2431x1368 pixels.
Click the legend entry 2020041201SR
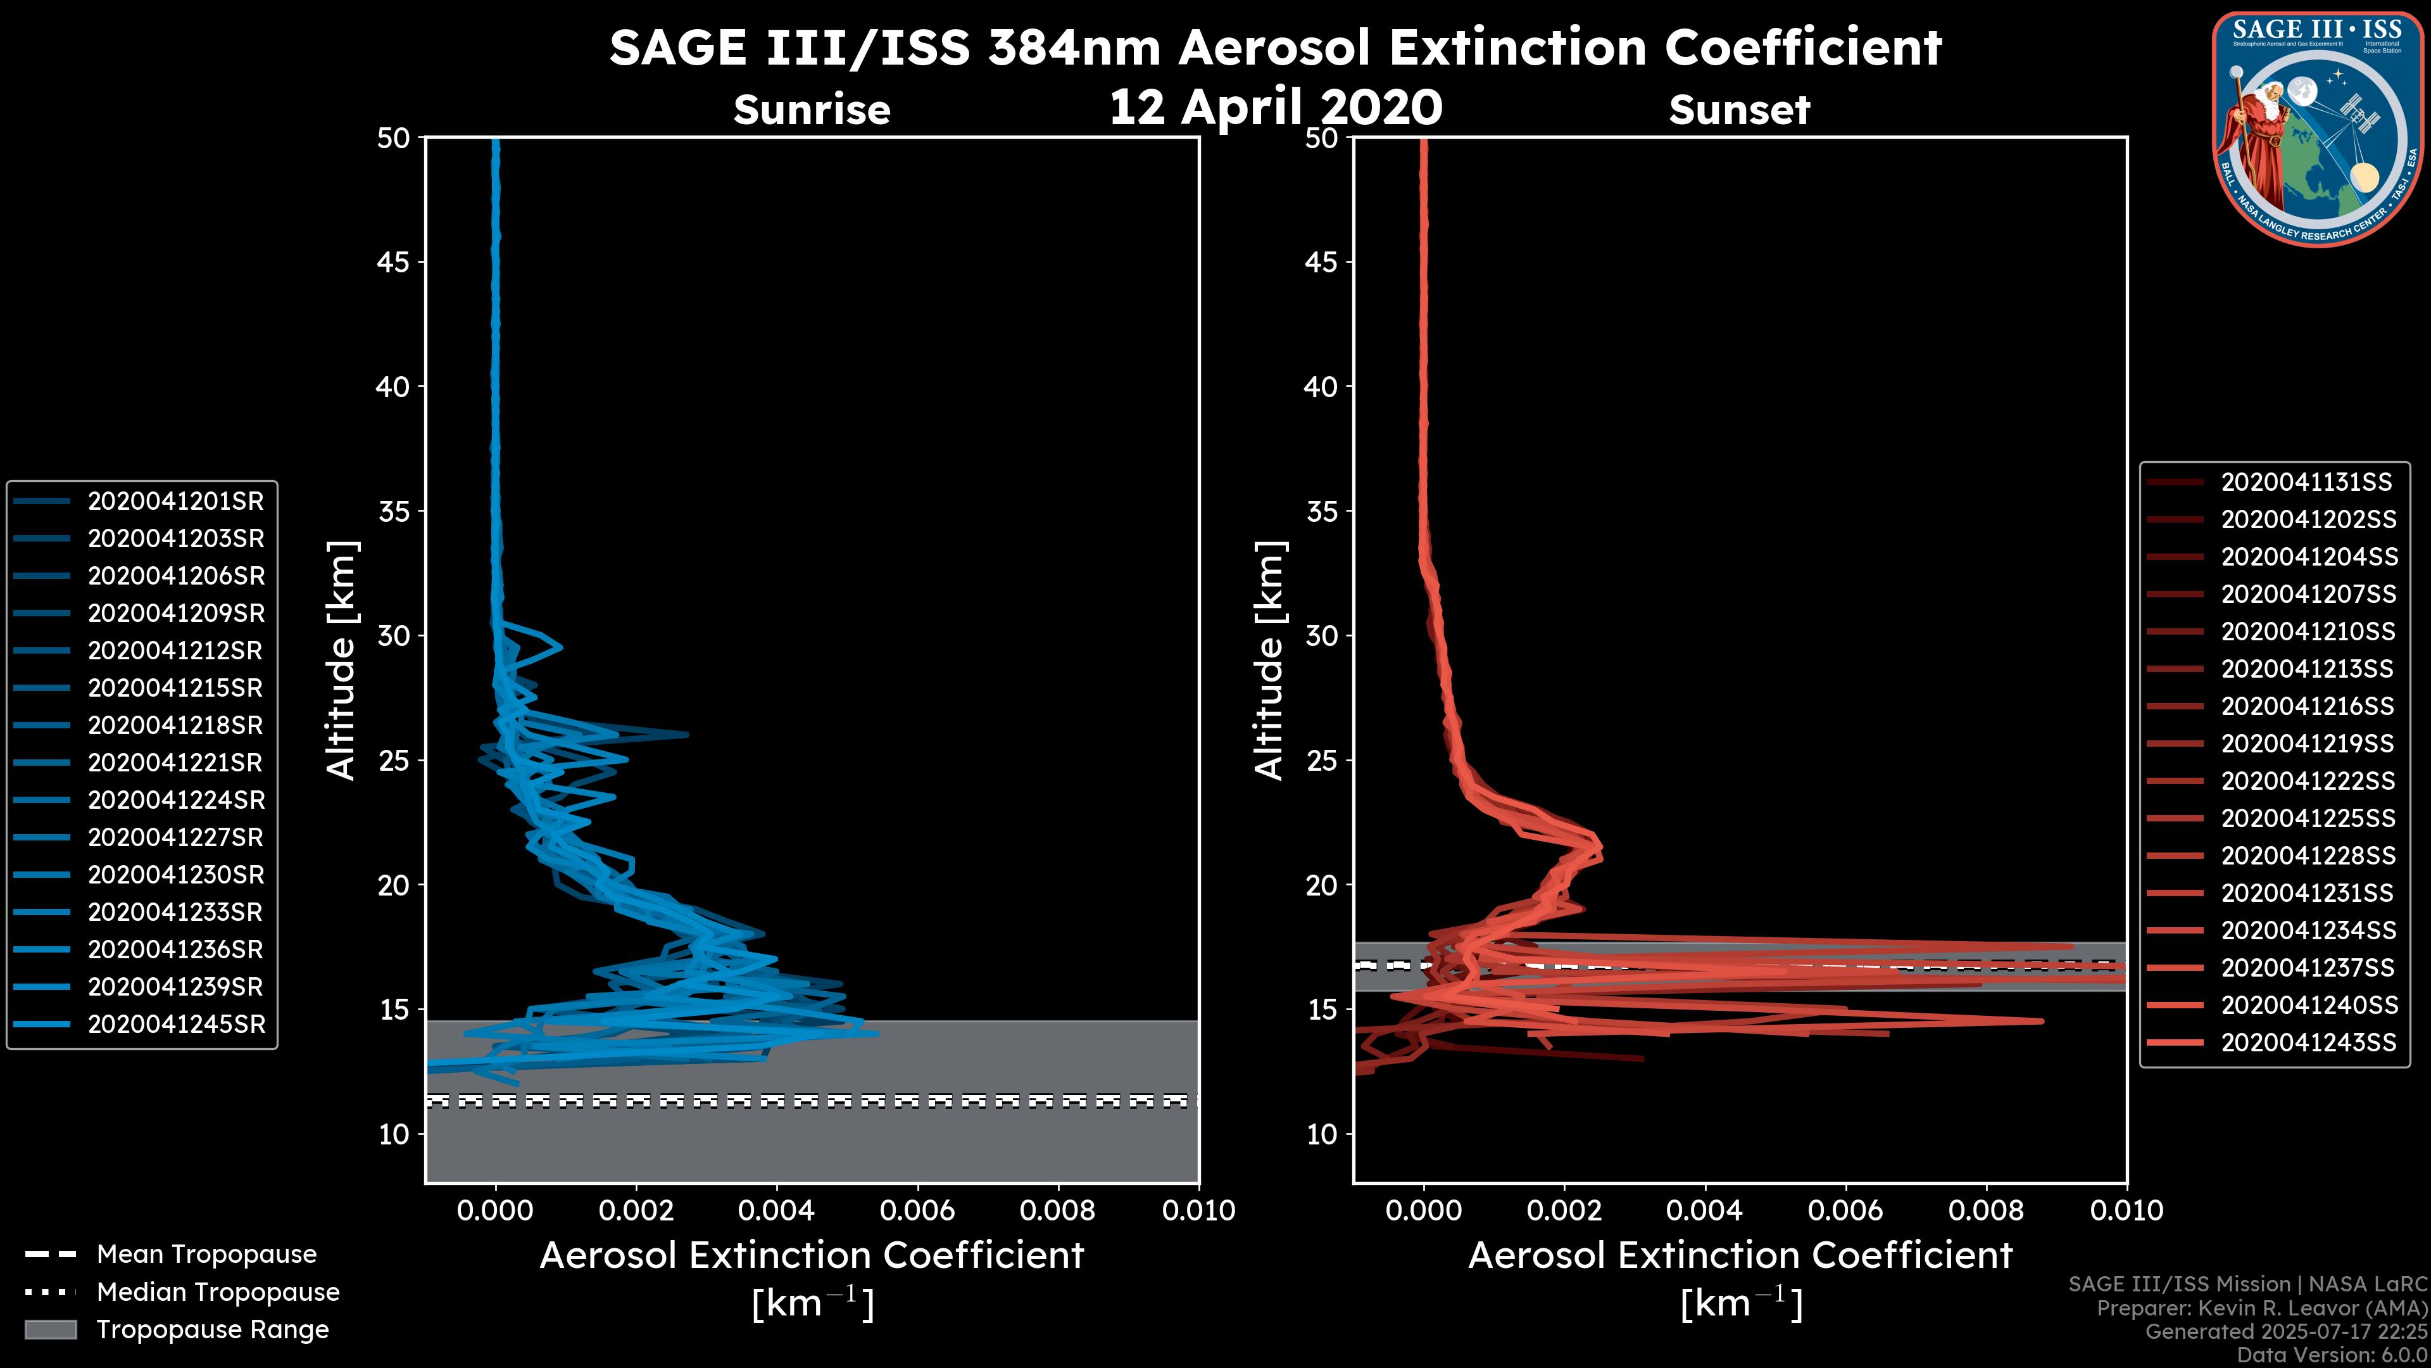[175, 502]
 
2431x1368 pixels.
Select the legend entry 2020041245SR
[175, 1024]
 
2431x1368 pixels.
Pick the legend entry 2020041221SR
[175, 763]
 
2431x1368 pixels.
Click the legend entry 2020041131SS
[2306, 483]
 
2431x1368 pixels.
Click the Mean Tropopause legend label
[206, 1255]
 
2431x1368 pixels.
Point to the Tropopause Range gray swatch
[50, 1329]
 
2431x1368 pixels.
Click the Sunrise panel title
[812, 110]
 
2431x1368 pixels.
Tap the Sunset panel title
[1739, 110]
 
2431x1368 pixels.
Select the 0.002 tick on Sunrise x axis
[635, 1210]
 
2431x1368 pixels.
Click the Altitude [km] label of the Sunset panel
[1269, 661]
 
